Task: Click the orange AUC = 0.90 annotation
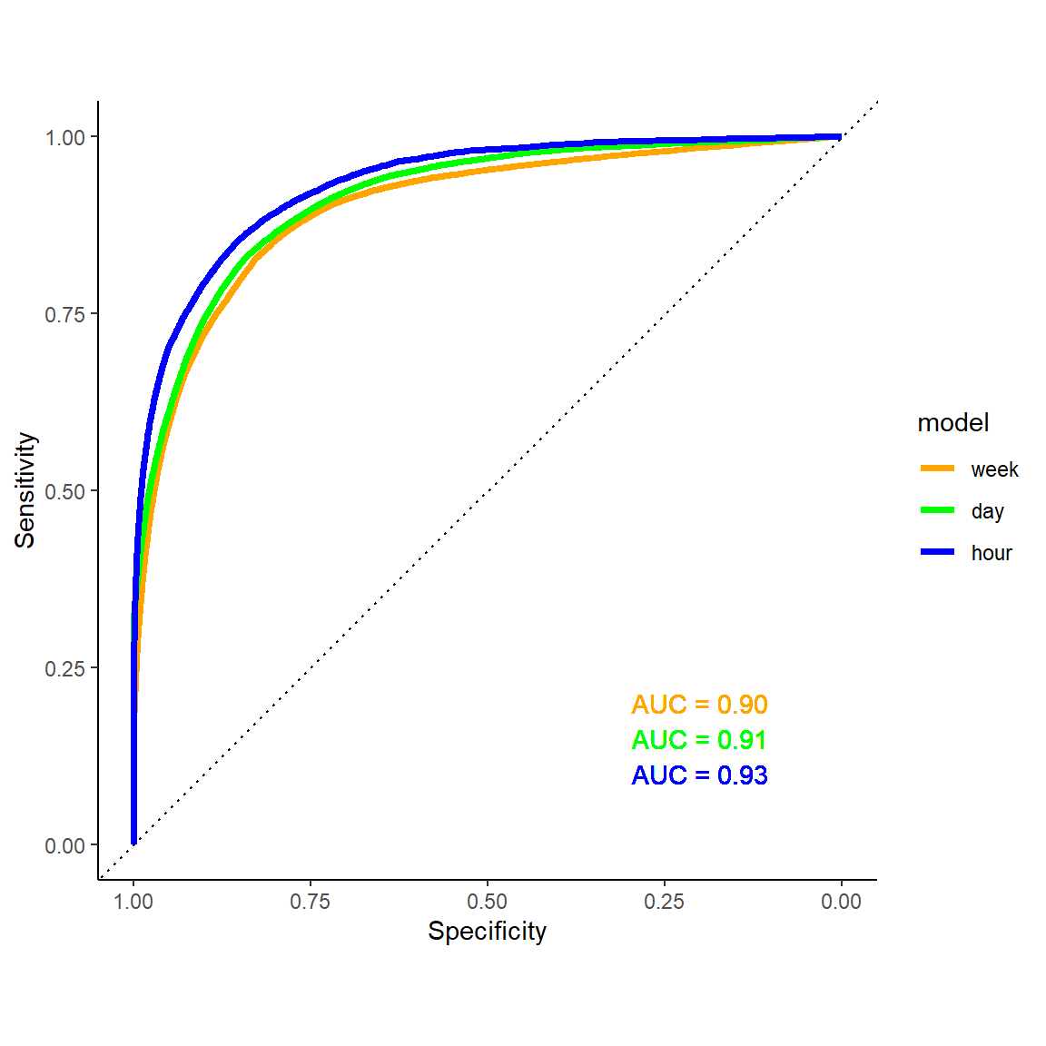tap(699, 705)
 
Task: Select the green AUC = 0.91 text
tap(699, 740)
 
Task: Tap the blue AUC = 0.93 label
tap(699, 775)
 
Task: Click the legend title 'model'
tap(952, 423)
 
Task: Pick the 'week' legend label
tap(994, 469)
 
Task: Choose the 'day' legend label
tap(987, 511)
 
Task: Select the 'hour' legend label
tap(991, 553)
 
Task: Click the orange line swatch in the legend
tap(937, 469)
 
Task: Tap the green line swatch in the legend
tap(937, 510)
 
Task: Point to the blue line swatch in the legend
tap(937, 552)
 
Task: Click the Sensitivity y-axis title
tap(25, 490)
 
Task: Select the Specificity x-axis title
tap(487, 932)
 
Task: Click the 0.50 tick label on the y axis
tap(64, 491)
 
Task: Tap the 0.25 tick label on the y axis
tap(64, 668)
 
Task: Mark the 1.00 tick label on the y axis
tap(64, 137)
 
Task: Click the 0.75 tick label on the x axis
tap(311, 902)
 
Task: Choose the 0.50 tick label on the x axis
tap(488, 902)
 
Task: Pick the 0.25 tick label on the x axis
tap(664, 902)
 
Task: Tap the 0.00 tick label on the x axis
tap(841, 902)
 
